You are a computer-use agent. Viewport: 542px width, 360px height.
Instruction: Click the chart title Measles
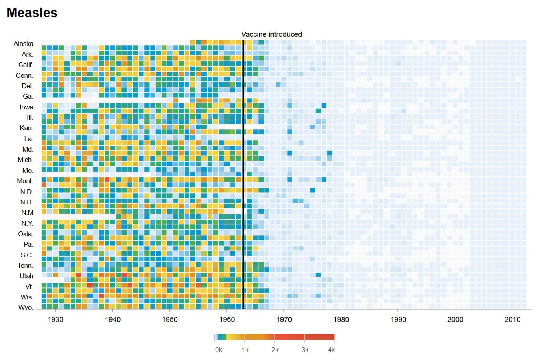click(x=32, y=13)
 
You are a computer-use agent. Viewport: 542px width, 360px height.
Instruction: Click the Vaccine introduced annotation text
click(x=272, y=34)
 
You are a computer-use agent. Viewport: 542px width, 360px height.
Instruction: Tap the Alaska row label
click(x=24, y=44)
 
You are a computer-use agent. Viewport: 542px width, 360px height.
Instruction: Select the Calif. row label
click(x=26, y=65)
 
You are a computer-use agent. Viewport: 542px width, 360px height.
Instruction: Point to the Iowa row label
click(x=26, y=107)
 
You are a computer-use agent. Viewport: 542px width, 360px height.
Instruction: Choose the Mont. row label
click(x=25, y=181)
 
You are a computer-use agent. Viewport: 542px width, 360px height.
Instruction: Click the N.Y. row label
click(x=27, y=223)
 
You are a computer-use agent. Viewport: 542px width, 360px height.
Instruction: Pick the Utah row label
click(x=26, y=276)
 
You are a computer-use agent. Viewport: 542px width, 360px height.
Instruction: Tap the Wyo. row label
click(x=26, y=307)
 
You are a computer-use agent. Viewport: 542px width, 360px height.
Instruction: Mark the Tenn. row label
click(x=25, y=265)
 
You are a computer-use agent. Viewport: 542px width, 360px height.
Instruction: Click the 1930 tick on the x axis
click(x=55, y=319)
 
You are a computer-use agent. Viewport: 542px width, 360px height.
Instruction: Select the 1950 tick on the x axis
click(x=169, y=319)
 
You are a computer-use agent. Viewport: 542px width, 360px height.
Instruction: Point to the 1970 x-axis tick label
click(x=284, y=319)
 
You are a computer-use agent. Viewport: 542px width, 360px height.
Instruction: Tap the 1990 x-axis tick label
click(x=398, y=319)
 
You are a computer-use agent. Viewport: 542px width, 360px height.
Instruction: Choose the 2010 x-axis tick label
click(x=512, y=319)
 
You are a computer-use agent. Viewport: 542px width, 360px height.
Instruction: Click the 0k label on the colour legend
click(x=218, y=350)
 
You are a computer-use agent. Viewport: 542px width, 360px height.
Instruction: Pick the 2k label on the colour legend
click(x=275, y=350)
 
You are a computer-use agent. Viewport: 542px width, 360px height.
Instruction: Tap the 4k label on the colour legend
click(x=331, y=350)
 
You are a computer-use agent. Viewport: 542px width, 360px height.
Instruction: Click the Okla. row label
click(x=26, y=234)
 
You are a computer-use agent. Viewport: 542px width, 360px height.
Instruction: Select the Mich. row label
click(x=25, y=160)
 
